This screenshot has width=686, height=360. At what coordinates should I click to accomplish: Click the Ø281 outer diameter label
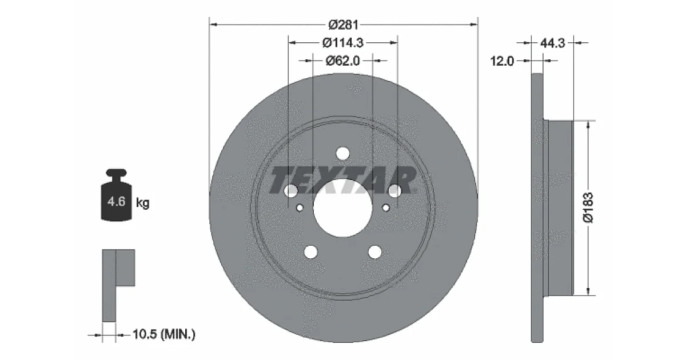coord(344,25)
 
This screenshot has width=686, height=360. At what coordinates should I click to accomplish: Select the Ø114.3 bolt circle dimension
coord(343,43)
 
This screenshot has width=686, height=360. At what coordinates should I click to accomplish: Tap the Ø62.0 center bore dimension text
coord(342,61)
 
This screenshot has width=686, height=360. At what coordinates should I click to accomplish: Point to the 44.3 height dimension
coord(552,43)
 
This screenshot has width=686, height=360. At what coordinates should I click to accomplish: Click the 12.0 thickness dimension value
coord(502,61)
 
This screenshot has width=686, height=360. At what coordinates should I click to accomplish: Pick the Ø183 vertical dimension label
coord(588,207)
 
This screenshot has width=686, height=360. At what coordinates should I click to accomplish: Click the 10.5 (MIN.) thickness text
coord(164,334)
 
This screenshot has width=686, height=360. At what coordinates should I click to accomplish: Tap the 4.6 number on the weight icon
coord(117,202)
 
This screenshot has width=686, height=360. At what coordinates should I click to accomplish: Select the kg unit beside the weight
coord(143,203)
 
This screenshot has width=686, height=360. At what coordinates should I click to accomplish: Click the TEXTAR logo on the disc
coord(342,180)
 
